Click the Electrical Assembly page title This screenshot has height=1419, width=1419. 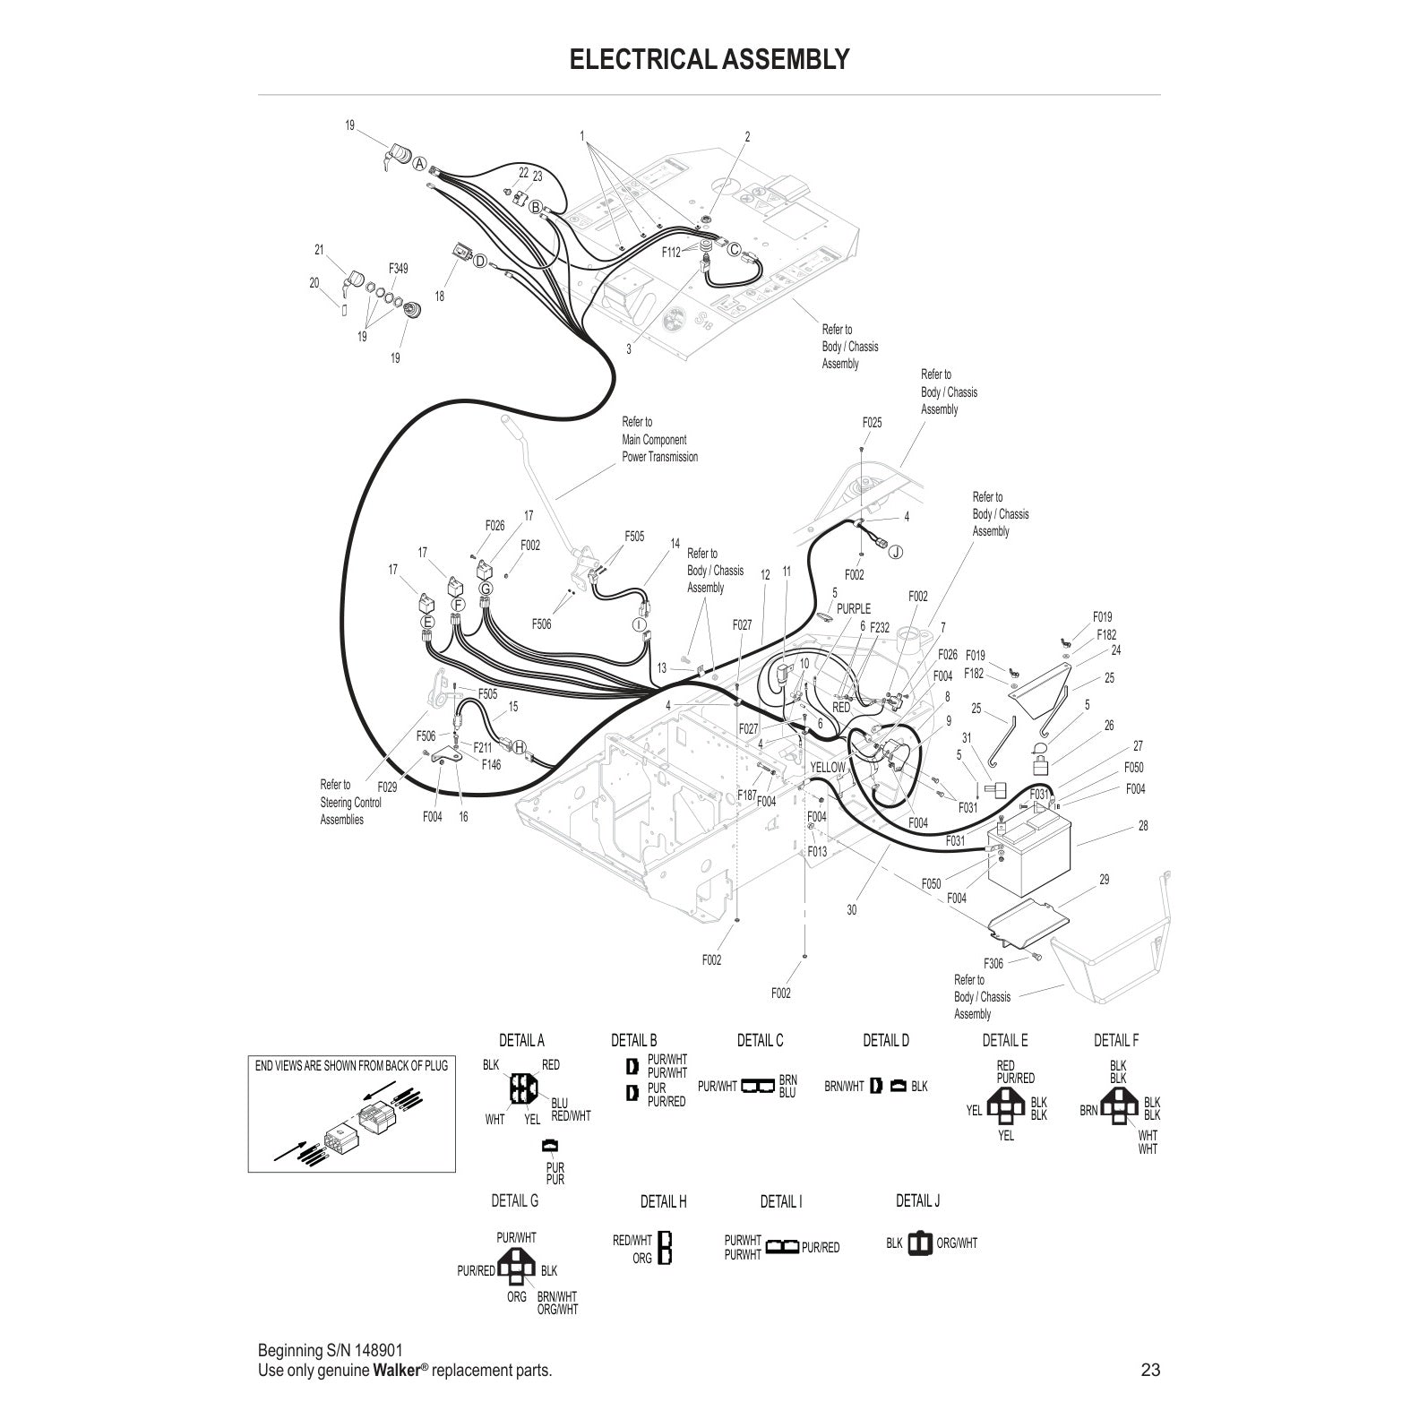[x=709, y=59]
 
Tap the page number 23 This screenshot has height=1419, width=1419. [x=1150, y=1370]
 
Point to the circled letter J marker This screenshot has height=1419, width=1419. [x=895, y=552]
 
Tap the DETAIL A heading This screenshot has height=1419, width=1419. [x=521, y=1040]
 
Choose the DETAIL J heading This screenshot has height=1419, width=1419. [x=917, y=1200]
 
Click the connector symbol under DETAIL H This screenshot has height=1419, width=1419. [x=665, y=1247]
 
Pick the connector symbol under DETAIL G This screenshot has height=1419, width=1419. [x=517, y=1268]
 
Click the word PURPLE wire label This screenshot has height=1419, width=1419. [x=853, y=609]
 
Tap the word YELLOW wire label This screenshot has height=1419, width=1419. [x=827, y=768]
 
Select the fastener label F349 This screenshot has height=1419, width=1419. [x=398, y=268]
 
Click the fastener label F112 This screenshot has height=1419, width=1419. [x=671, y=253]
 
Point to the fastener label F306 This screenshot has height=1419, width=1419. [x=993, y=964]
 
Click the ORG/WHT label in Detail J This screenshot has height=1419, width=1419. [x=957, y=1243]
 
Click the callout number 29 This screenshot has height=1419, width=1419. [x=1104, y=880]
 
